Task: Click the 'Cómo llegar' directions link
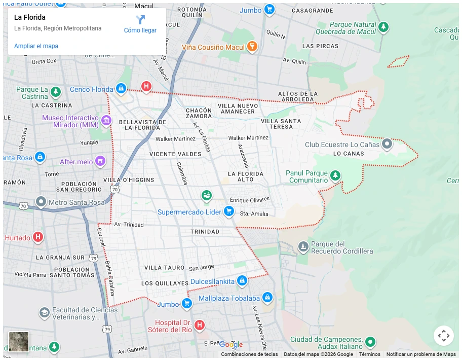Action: tap(140, 24)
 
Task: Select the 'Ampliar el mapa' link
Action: tap(36, 46)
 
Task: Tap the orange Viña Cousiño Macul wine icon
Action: tap(252, 47)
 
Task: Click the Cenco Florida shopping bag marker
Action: tap(121, 89)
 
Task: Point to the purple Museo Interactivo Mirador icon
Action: tap(106, 120)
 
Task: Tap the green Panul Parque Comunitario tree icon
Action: tap(335, 176)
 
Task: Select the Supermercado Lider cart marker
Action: tap(228, 211)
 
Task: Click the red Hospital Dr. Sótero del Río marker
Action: tap(200, 325)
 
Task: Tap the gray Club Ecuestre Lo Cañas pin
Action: tap(387, 144)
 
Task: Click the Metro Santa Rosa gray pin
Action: tap(41, 202)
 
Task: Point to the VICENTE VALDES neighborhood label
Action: tap(175, 154)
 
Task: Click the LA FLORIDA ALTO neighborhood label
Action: tap(245, 176)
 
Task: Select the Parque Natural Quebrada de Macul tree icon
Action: tap(383, 27)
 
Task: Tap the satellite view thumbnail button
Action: tap(19, 341)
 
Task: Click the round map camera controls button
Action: tap(443, 336)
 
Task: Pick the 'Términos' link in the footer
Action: tap(369, 354)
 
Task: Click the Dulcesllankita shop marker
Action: tap(242, 280)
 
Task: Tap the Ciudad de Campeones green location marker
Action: tap(370, 342)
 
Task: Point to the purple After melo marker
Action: tap(101, 161)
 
